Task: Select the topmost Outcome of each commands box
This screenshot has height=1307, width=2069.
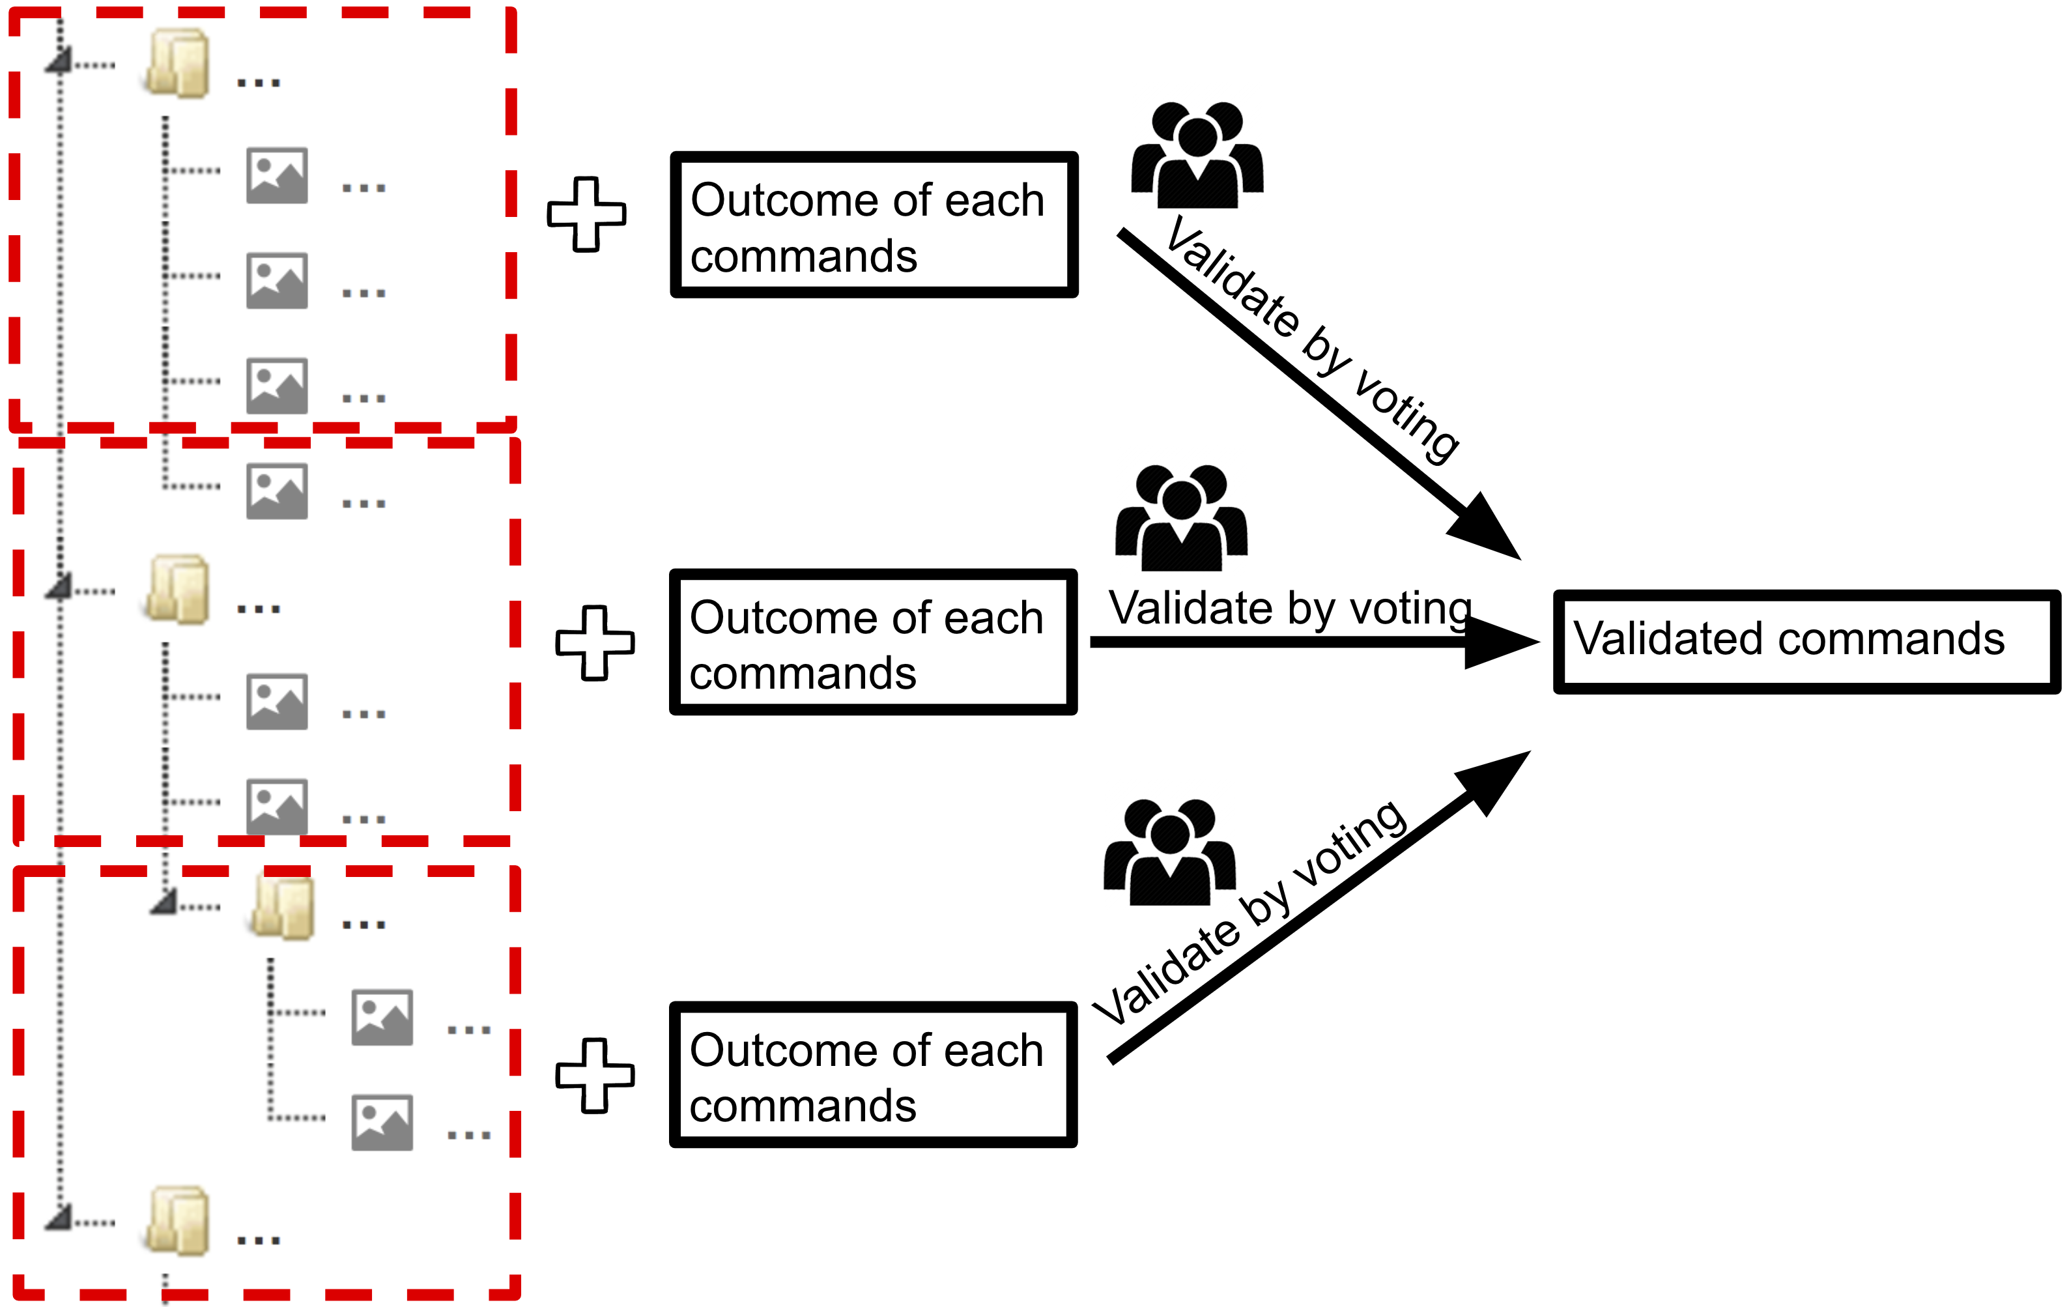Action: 873,225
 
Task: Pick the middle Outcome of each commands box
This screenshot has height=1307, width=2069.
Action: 873,642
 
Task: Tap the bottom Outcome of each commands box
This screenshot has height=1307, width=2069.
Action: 873,1074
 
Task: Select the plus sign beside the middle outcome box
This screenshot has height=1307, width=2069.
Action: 595,643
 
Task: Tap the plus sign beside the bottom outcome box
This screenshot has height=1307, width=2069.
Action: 595,1075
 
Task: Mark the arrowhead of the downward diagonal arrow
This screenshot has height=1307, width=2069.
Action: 1487,529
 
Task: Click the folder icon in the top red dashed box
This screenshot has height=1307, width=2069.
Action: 178,64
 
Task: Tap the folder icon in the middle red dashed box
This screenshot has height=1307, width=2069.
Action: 178,590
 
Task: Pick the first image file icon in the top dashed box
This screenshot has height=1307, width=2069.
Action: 277,175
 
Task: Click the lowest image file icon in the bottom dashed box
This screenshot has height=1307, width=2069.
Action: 382,1122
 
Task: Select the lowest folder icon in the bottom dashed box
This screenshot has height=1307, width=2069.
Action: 178,1221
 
